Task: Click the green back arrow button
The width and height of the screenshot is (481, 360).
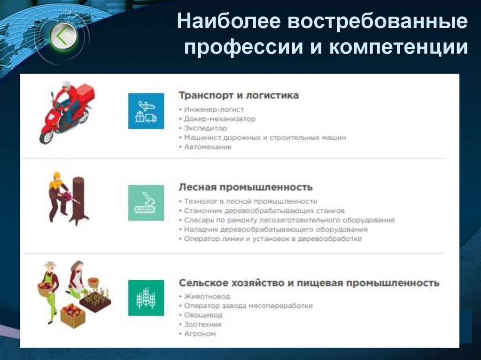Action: coord(63,36)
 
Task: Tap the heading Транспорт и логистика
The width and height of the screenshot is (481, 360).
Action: coord(239,95)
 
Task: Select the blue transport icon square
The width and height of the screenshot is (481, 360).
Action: coord(146,111)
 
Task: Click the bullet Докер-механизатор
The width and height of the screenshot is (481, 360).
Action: coord(219,119)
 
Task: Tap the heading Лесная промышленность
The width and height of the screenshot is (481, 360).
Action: coord(245,187)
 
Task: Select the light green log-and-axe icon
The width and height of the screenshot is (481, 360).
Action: coord(146,203)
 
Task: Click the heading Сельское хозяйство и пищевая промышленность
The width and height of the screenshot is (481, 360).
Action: coord(309,283)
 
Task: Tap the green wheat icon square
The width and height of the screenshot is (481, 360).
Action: coord(146,298)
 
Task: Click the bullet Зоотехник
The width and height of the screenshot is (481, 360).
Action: coord(202,324)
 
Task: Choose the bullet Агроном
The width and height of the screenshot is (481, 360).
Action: coord(200,334)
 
